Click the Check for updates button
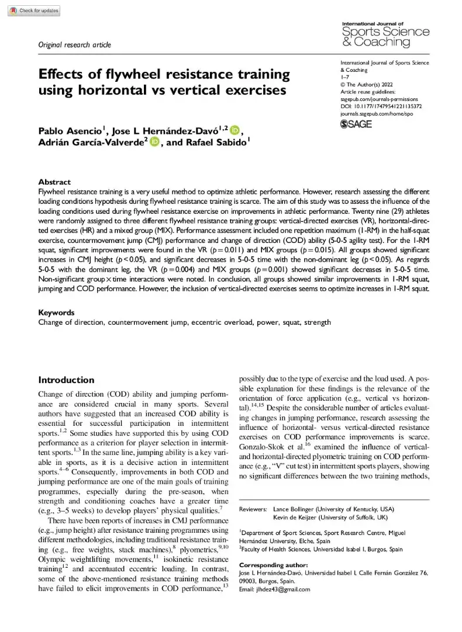coord(34,11)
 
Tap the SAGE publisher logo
coord(356,124)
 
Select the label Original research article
coord(74,45)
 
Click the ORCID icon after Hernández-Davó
coord(235,130)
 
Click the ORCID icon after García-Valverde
coord(154,142)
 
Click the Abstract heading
coord(54,182)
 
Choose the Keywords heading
coord(57,312)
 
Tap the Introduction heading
coord(66,380)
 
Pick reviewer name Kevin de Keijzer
coord(300,518)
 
